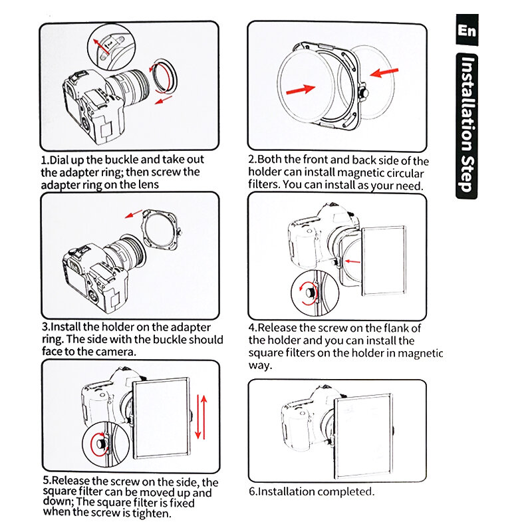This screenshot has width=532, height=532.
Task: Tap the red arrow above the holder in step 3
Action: tap(135, 214)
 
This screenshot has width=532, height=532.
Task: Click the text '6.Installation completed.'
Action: tap(312, 492)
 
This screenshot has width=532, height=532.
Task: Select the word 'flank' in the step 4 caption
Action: tap(390, 328)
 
